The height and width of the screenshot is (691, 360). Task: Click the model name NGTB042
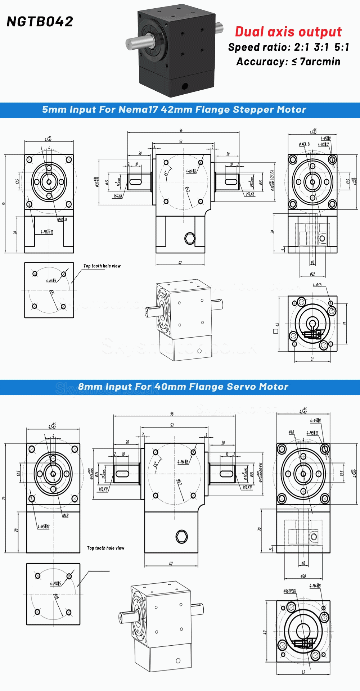pos(40,22)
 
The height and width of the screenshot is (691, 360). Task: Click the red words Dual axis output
pos(288,32)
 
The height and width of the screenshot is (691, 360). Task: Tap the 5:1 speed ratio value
pos(342,47)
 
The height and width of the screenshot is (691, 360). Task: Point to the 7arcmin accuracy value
pos(320,62)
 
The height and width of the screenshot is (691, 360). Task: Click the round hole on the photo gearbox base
pos(185,86)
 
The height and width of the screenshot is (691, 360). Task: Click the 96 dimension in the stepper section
pos(181,130)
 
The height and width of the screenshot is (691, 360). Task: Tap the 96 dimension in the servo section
pos(172,414)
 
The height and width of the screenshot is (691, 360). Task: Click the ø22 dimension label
pos(312,274)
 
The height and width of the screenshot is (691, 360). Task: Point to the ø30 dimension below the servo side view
pos(303,576)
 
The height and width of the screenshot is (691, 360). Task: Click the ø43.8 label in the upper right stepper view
pos(304,144)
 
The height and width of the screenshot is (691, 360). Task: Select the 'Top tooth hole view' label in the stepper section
pos(102,266)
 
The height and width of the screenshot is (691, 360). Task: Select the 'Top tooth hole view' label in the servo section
pos(105,548)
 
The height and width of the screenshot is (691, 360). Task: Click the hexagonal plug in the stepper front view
pos(190,238)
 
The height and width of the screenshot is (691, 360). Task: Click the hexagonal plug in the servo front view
pos(181,537)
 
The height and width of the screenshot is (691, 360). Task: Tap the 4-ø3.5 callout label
pos(317,285)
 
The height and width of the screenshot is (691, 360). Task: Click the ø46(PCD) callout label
pos(290,591)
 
